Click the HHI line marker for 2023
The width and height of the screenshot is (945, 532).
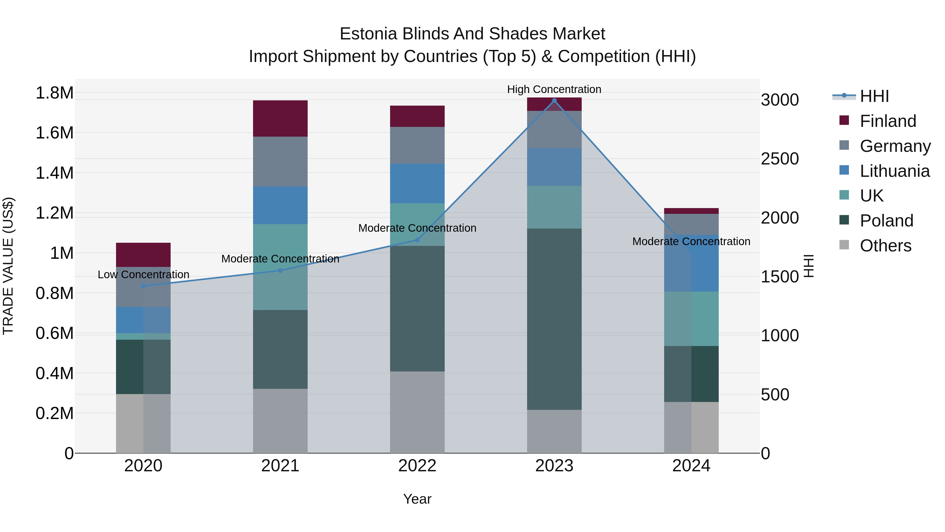click(x=554, y=101)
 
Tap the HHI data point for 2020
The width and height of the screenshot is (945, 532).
click(x=143, y=286)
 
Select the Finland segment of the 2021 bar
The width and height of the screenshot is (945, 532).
click(x=280, y=118)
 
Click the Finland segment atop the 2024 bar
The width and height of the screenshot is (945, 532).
click(x=691, y=211)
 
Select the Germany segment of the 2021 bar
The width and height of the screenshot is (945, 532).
click(x=280, y=161)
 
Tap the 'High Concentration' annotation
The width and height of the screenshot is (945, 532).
click(x=554, y=89)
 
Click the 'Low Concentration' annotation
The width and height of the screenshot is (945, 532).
click(x=143, y=274)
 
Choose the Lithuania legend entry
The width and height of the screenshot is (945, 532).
click(x=894, y=171)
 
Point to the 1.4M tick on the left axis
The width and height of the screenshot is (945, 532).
click(x=54, y=173)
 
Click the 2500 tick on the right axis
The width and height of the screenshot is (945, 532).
click(x=780, y=159)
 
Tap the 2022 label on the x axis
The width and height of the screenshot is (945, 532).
click(x=417, y=466)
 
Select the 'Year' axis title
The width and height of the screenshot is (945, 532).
click(x=417, y=499)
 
